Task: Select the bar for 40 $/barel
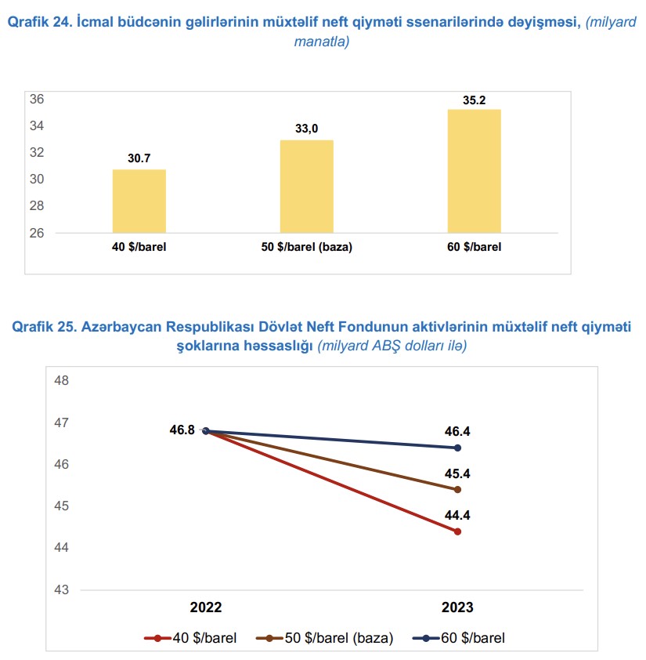pyautogui.click(x=139, y=201)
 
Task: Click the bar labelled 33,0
pyautogui.click(x=307, y=187)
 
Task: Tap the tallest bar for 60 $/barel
pyautogui.click(x=474, y=171)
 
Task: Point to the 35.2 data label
pyautogui.click(x=474, y=100)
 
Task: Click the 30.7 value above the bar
pyautogui.click(x=139, y=159)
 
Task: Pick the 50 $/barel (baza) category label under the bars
pyautogui.click(x=307, y=247)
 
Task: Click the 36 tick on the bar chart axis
pyautogui.click(x=36, y=99)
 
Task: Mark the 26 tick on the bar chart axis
pyautogui.click(x=36, y=233)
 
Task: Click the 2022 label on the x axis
pyautogui.click(x=206, y=607)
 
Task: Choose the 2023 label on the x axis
pyautogui.click(x=457, y=607)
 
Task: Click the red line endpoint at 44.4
pyautogui.click(x=457, y=531)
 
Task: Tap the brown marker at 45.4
pyautogui.click(x=457, y=489)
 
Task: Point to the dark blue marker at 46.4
pyautogui.click(x=457, y=448)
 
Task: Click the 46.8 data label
pyautogui.click(x=182, y=430)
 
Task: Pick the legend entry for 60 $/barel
pyautogui.click(x=458, y=638)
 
